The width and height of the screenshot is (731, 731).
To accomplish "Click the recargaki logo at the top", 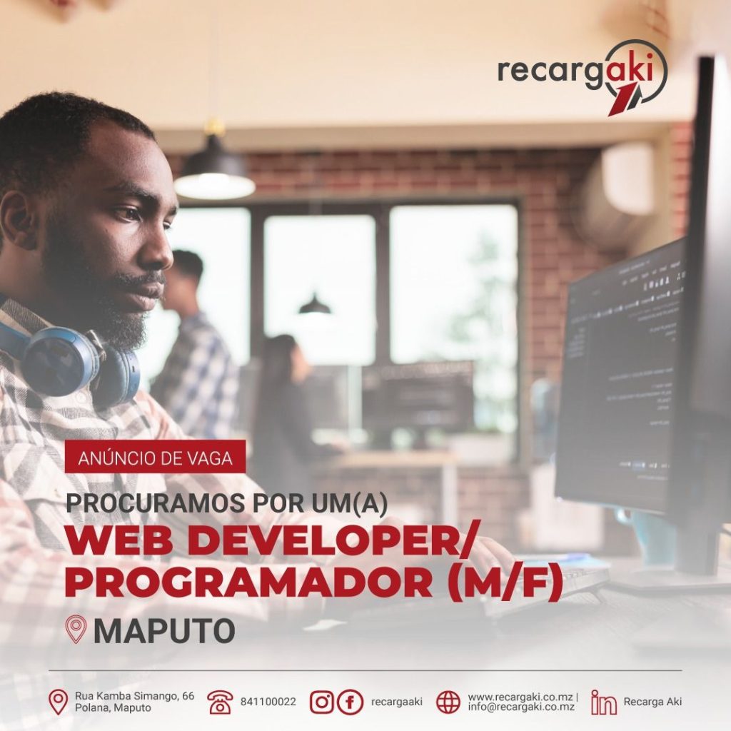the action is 583,77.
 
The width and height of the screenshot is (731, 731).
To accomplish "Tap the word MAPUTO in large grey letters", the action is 164,630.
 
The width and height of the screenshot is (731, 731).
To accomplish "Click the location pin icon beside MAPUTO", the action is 76,629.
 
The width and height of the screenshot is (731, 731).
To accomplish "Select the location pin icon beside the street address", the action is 59,702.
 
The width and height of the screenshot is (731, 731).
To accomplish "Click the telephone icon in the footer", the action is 220,702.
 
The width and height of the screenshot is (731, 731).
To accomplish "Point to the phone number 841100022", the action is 268,702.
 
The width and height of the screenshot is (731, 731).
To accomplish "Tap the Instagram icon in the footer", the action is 322,702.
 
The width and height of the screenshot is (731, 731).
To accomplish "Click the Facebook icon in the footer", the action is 350,702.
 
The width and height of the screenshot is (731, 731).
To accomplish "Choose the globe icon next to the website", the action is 448,702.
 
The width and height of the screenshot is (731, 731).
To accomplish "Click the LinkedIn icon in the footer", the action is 603,702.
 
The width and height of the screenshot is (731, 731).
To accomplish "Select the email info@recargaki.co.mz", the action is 521,707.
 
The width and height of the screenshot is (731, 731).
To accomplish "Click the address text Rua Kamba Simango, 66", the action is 134,696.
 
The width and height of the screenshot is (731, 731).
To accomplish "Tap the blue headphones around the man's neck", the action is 70,359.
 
